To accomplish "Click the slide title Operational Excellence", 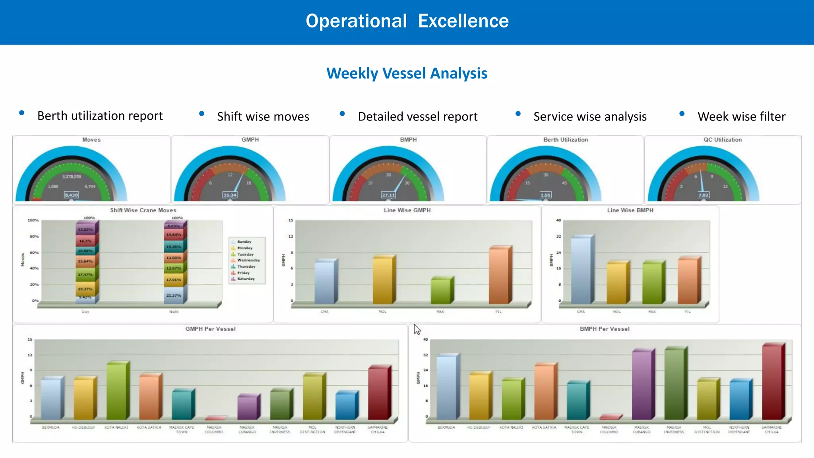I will coord(407,21).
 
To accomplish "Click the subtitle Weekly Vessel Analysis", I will coord(407,73).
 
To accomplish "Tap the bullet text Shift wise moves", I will coord(263,116).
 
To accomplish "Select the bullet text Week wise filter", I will coord(741,116).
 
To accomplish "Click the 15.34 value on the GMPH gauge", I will coord(230,195).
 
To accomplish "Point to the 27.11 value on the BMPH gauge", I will coord(388,195).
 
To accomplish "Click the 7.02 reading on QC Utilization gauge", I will coord(703,195).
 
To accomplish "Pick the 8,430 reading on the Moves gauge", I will coord(72,195).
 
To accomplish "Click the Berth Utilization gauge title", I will coord(565,140).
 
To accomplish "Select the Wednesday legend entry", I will coord(248,260).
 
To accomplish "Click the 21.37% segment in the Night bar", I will coord(174,295).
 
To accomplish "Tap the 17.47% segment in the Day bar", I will coord(85,274).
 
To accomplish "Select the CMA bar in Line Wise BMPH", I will coord(581,270).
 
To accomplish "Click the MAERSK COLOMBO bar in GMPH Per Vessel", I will coord(215,418).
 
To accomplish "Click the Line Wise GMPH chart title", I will coord(407,210).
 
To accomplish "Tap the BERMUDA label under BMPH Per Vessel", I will coord(446,427).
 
